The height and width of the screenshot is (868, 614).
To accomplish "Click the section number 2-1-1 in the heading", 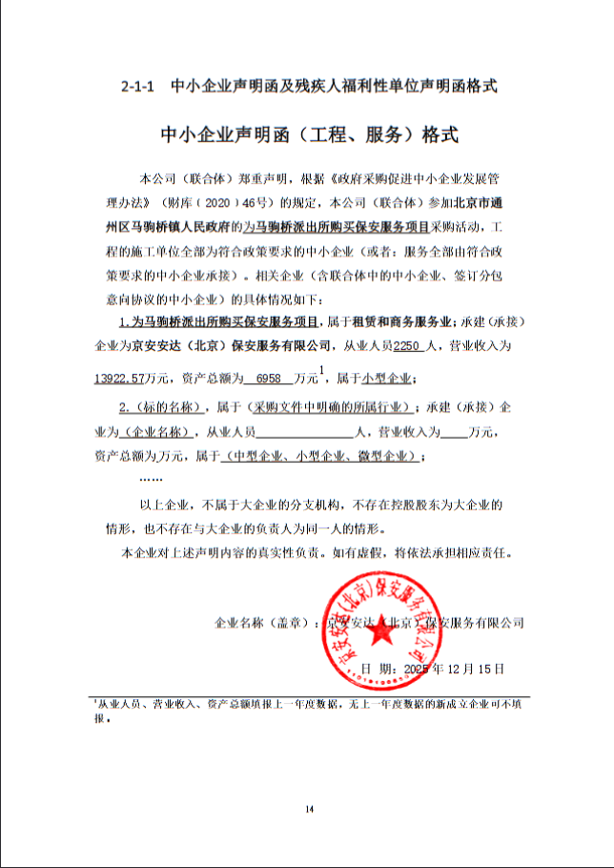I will click(138, 86).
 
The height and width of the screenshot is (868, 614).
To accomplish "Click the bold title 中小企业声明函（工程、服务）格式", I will click(309, 135).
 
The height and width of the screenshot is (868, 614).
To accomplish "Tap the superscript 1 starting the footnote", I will click(95, 701).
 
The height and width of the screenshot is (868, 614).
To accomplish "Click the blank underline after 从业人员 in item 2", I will click(304, 431).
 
